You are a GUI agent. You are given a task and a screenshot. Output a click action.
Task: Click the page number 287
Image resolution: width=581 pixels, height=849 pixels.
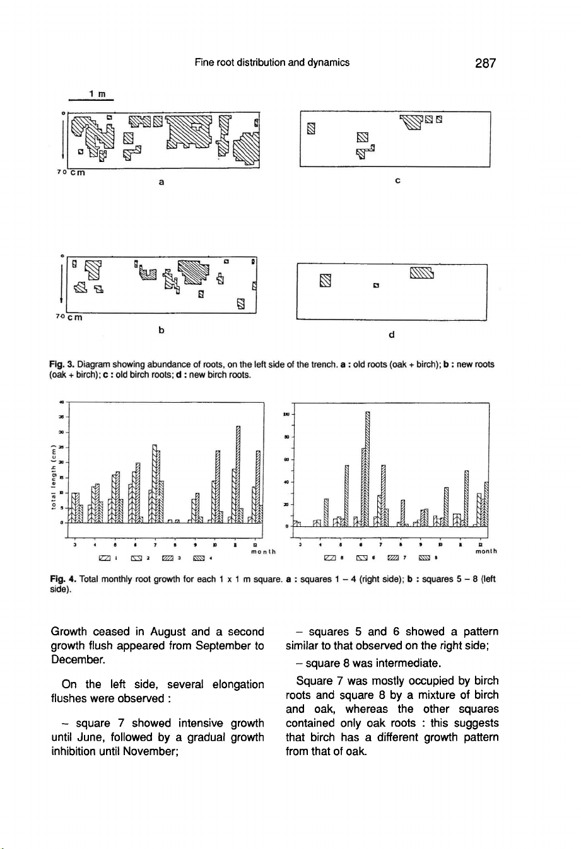click(485, 63)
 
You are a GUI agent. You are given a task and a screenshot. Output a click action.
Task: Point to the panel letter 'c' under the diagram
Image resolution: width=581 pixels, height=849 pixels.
click(397, 181)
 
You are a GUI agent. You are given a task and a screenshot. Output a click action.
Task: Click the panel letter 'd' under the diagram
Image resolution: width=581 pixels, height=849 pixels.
click(392, 335)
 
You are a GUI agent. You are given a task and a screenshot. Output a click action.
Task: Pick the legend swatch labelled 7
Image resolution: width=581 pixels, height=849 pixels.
click(394, 557)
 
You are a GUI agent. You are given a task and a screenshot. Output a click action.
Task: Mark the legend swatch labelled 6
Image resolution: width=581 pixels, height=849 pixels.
click(362, 557)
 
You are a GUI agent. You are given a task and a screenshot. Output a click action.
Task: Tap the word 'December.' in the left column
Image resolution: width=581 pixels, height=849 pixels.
click(78, 660)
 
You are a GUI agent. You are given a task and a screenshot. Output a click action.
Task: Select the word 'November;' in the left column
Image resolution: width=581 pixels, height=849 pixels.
click(148, 751)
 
